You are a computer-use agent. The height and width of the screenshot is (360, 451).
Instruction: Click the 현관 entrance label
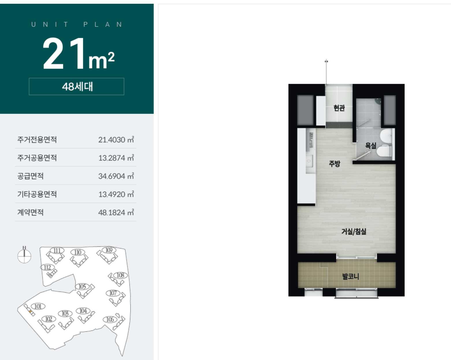pos(339,108)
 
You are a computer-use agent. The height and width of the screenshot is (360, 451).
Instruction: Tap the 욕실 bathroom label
pos(371,145)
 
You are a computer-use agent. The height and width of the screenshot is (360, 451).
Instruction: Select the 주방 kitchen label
pos(335,164)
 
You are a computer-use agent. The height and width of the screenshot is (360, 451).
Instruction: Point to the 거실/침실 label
pos(354,231)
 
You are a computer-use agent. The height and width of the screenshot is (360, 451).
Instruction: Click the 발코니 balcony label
pos(351,277)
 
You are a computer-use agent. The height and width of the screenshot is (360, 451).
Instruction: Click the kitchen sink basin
pos(309,161)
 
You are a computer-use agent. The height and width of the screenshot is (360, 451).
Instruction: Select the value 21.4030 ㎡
pos(116,140)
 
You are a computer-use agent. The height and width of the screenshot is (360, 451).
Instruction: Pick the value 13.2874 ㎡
pos(116,158)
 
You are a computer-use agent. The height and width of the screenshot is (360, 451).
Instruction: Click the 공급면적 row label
pos(30,176)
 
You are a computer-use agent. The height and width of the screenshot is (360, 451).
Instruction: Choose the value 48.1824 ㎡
pos(116,212)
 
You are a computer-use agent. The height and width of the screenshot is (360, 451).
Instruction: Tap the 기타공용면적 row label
pos(37,194)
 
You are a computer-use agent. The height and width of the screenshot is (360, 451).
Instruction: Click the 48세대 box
pos(77,87)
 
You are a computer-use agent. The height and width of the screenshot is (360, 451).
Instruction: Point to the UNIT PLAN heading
pos(77,25)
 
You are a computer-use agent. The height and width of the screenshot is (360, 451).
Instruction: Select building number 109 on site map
pos(109,250)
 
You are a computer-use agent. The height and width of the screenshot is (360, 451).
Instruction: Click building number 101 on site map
pos(38,307)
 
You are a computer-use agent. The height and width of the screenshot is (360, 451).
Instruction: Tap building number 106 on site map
pos(110,320)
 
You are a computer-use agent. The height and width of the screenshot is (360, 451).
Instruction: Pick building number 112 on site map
pos(47,267)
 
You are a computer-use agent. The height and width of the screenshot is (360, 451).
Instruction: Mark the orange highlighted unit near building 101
pos(31,312)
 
